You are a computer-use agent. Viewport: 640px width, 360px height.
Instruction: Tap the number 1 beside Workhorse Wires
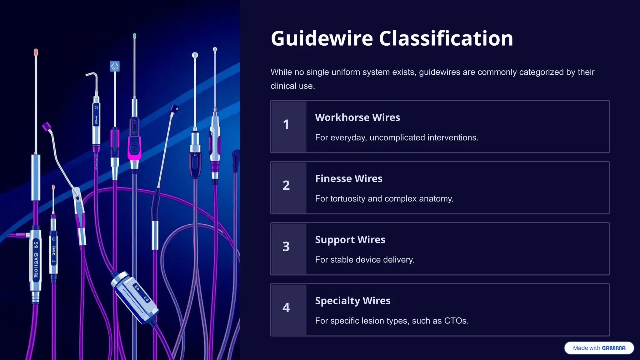click(x=286, y=125)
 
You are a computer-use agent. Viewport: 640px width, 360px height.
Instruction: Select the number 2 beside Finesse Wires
click(x=286, y=186)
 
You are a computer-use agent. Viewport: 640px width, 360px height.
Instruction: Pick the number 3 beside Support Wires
click(x=286, y=247)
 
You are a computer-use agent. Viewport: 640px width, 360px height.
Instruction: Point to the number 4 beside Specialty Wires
click(x=286, y=308)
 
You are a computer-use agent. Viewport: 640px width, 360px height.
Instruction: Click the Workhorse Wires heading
click(x=357, y=117)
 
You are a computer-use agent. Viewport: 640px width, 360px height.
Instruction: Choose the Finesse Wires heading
click(x=348, y=179)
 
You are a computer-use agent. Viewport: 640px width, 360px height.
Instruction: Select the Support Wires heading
click(x=350, y=240)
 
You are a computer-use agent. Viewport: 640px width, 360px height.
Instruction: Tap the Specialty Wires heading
click(x=352, y=301)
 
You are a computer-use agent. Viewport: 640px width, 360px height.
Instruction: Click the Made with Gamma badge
click(x=599, y=348)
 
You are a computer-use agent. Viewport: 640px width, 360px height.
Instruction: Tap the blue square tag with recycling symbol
click(x=115, y=66)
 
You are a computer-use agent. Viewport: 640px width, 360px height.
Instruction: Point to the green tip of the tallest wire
click(x=134, y=36)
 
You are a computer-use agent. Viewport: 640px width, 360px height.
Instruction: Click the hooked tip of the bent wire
click(x=92, y=75)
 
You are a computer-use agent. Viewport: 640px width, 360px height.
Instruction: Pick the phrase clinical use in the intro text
click(x=292, y=86)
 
